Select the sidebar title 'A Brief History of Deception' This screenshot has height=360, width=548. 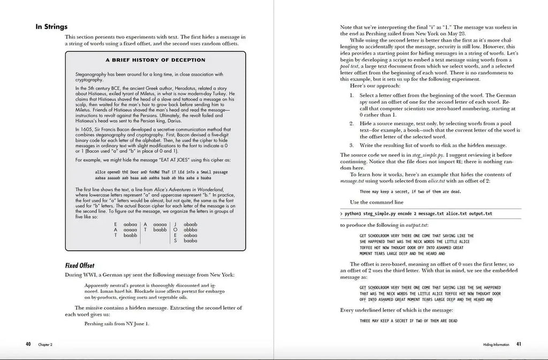coord(155,60)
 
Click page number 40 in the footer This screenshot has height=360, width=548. coord(28,344)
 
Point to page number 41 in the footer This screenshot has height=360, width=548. coord(519,344)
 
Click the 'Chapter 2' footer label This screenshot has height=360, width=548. coord(45,344)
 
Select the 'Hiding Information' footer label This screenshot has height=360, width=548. coord(492,344)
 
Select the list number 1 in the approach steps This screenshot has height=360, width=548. coord(352,95)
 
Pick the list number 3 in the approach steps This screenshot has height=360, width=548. coord(352,145)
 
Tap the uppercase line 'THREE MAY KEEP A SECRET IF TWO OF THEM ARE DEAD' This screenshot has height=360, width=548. coord(408,320)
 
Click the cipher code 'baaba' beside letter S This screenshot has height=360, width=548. coord(191,241)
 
